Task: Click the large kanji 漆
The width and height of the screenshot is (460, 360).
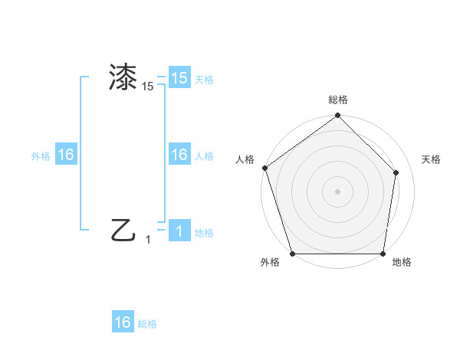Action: [x=123, y=78]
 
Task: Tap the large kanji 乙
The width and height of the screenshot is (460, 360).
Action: [x=123, y=230]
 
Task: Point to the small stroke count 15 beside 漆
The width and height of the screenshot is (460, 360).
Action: [x=148, y=87]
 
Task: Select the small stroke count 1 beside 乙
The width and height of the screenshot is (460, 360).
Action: [x=149, y=240]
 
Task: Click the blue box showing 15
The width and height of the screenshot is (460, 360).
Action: [x=179, y=78]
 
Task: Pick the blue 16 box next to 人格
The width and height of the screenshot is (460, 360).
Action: [x=179, y=155]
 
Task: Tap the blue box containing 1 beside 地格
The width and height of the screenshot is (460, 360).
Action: [x=179, y=231]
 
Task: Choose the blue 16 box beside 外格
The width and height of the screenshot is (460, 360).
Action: [x=66, y=155]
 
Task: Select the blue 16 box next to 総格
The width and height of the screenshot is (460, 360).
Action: [x=123, y=322]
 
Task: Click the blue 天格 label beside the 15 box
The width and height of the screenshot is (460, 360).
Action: [x=204, y=80]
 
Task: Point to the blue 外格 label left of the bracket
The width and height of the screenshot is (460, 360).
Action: [x=41, y=156]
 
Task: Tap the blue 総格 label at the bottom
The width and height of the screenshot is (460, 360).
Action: [x=147, y=324]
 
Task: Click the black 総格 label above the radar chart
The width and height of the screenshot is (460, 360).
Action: [x=338, y=100]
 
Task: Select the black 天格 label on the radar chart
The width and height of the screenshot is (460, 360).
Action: [x=432, y=159]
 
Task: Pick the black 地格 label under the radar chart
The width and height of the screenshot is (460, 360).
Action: [x=402, y=263]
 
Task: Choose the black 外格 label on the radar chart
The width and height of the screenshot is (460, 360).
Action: [x=270, y=263]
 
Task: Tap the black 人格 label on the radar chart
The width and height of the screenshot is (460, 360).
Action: [x=245, y=159]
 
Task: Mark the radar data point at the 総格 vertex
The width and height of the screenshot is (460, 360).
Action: [x=337, y=116]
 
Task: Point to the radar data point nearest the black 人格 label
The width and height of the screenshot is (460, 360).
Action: [x=264, y=169]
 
